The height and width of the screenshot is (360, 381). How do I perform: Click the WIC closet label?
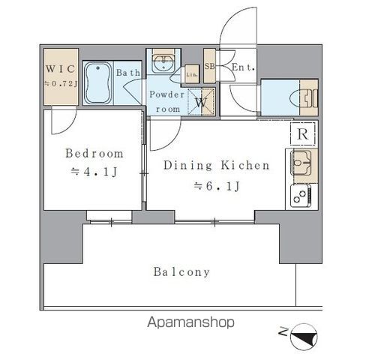(x=60, y=69)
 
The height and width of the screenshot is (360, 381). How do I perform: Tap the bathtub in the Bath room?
(x=97, y=82)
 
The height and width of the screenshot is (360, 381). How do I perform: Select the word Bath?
(x=128, y=73)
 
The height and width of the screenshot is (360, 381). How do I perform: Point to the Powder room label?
(x=166, y=102)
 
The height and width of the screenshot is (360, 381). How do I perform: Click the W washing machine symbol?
(x=201, y=102)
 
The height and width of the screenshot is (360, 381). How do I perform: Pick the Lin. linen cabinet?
(x=192, y=74)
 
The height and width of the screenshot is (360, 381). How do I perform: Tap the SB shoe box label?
(x=209, y=66)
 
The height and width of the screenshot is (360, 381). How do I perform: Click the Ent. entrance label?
(x=243, y=67)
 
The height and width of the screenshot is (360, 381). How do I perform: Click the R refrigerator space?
(x=303, y=133)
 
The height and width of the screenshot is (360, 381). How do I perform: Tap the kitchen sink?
(x=301, y=163)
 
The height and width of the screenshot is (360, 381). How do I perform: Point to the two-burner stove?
(x=301, y=196)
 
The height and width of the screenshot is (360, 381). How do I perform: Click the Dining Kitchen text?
(x=217, y=166)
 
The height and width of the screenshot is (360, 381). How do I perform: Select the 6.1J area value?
(x=217, y=186)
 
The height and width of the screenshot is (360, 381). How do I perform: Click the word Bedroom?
(x=94, y=153)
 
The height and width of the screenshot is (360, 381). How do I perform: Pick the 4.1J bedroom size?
(x=94, y=172)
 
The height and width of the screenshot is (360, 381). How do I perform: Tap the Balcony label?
(x=181, y=272)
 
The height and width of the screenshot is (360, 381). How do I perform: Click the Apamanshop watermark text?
(x=190, y=322)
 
